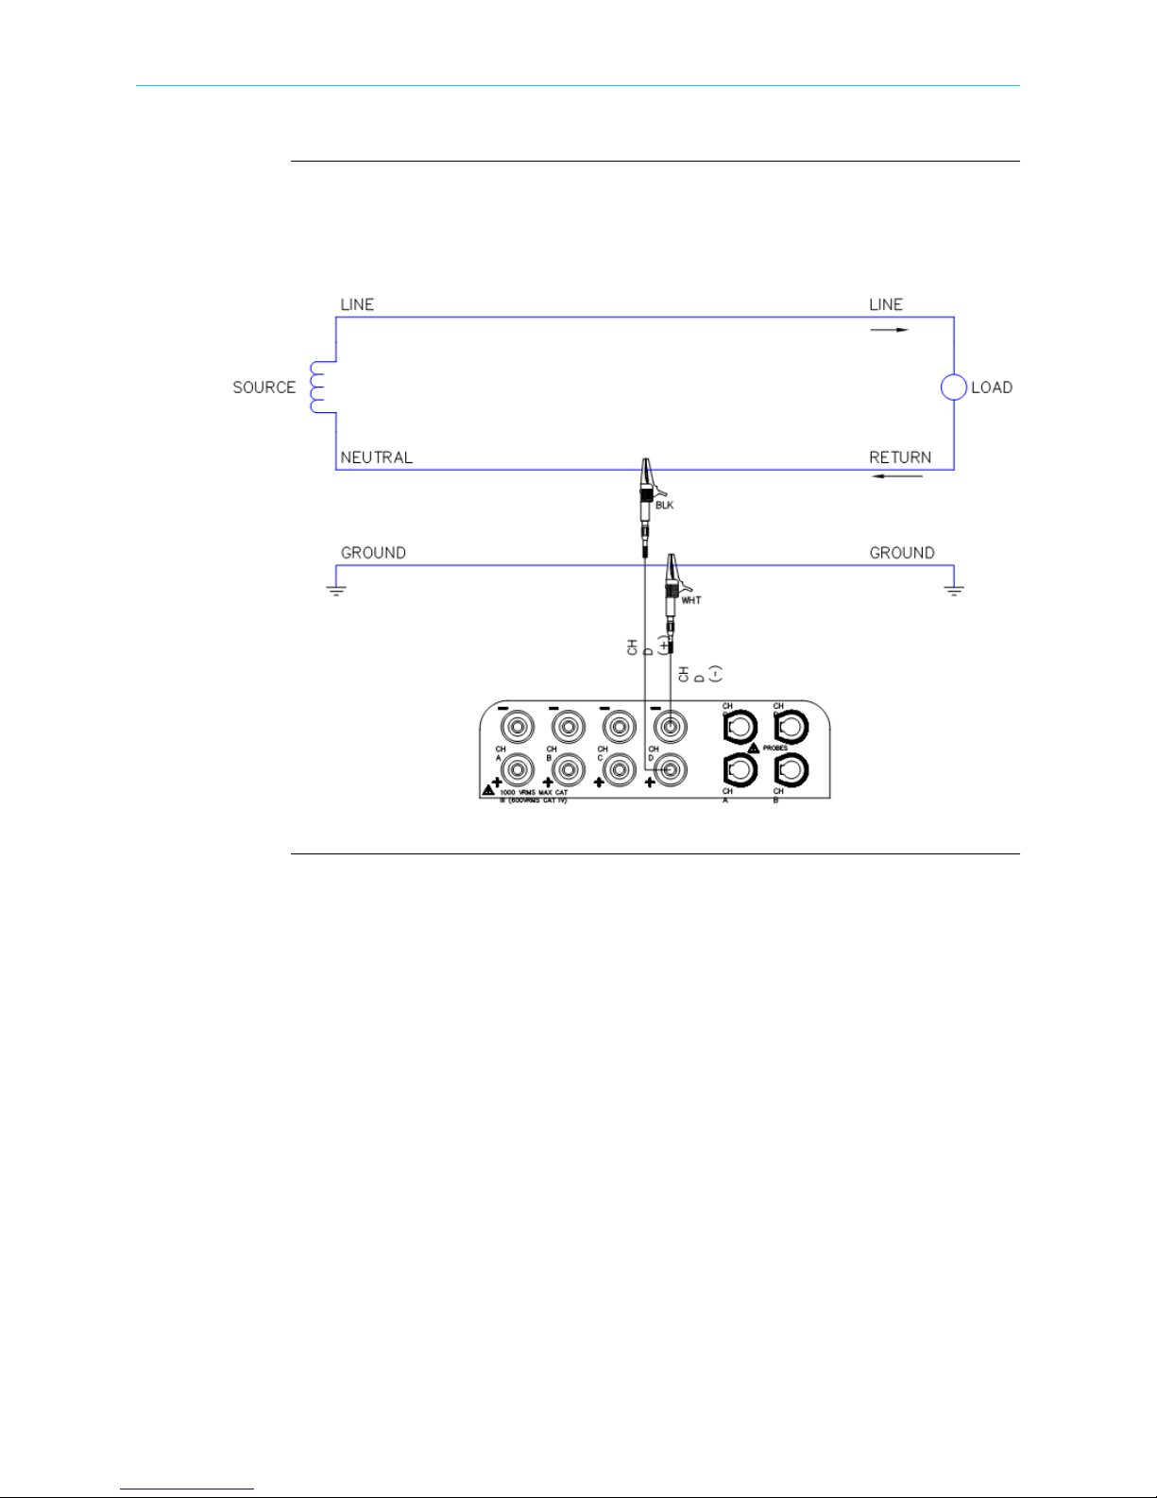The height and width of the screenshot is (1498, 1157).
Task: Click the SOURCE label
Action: click(264, 387)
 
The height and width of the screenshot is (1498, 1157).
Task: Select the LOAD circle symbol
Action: click(954, 387)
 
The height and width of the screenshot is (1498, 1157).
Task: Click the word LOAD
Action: click(992, 387)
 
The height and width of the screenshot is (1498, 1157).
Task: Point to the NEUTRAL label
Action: click(376, 457)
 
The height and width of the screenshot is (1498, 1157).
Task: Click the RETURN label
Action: click(900, 457)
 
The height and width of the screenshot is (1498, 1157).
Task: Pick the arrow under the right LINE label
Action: click(889, 330)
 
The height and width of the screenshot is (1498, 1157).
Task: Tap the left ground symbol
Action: click(336, 590)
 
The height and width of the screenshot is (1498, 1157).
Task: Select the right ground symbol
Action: click(954, 590)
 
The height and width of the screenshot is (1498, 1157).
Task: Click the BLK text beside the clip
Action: click(664, 506)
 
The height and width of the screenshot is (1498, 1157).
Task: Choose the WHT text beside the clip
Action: click(691, 601)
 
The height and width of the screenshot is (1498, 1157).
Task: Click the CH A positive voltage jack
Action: click(517, 769)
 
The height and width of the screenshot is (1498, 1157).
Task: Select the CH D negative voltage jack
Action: click(670, 728)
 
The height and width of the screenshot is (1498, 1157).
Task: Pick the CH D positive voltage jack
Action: click(670, 769)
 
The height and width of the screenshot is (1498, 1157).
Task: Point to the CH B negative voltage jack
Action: click(568, 728)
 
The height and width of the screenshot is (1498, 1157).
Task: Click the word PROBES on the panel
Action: click(775, 749)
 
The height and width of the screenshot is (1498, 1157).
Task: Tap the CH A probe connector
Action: click(740, 769)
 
